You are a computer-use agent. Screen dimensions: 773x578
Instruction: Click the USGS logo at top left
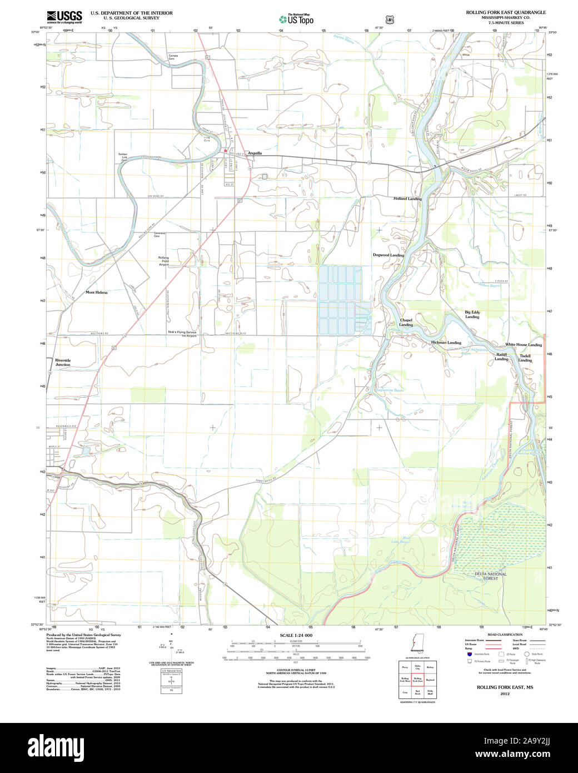(x=64, y=16)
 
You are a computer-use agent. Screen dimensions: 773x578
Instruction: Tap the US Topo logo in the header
(x=296, y=19)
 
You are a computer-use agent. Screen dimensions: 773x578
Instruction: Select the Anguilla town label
(x=255, y=153)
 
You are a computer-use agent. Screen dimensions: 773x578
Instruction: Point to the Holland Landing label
(x=407, y=199)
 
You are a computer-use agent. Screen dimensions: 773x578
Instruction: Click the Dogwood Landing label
(x=388, y=255)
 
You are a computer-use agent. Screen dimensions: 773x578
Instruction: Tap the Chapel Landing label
(x=406, y=322)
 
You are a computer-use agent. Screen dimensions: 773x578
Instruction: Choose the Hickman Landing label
(x=446, y=343)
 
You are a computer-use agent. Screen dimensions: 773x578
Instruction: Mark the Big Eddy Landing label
(x=472, y=314)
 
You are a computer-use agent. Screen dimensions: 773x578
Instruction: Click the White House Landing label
(x=523, y=345)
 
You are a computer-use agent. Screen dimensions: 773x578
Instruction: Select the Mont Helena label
(x=97, y=292)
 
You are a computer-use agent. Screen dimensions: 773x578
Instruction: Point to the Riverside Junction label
(x=63, y=362)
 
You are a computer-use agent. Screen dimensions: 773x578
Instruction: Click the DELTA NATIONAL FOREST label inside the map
(x=490, y=576)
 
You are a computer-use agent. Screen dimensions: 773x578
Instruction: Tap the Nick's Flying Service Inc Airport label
(x=182, y=334)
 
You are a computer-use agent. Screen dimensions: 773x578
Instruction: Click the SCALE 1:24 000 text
(x=296, y=635)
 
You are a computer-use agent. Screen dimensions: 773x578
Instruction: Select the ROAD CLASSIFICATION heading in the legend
(x=505, y=635)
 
